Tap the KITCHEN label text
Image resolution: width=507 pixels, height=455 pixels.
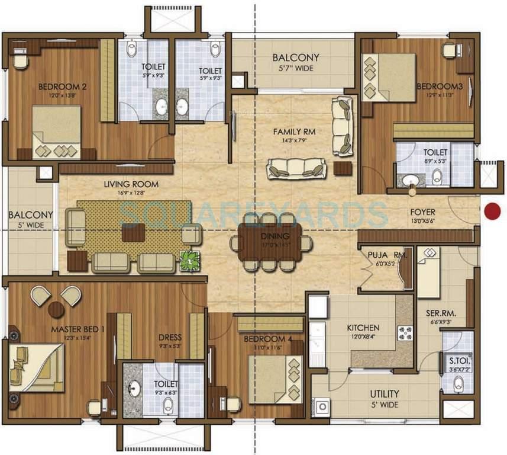pos(363,328)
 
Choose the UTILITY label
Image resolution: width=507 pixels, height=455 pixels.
pos(385,393)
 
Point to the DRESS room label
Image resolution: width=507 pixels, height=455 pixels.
pos(170,338)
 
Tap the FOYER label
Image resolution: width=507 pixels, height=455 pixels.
pos(422,212)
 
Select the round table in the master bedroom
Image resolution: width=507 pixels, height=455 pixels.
pos(56,309)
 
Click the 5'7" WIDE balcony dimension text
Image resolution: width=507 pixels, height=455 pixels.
pos(296,68)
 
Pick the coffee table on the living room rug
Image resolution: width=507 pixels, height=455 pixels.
pos(133,232)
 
